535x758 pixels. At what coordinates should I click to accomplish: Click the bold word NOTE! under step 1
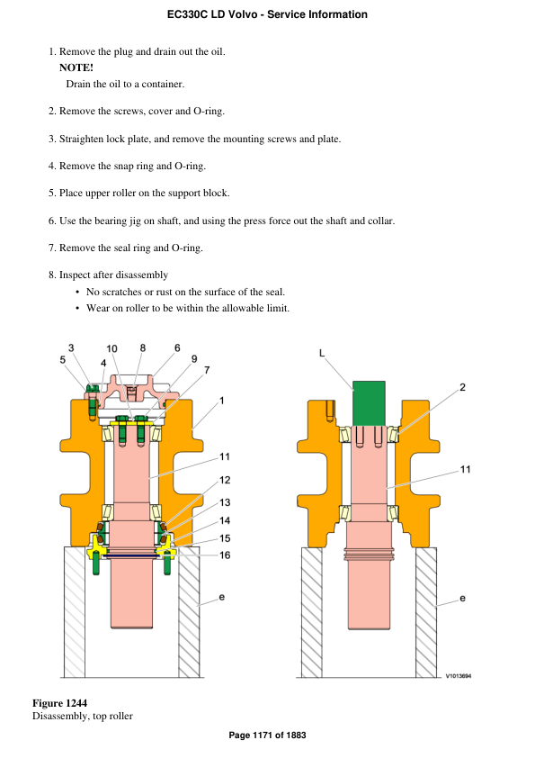76,68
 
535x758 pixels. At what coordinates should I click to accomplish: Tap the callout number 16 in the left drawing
225,555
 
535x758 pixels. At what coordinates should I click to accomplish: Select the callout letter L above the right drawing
322,354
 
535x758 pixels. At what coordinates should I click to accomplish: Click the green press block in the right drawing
369,402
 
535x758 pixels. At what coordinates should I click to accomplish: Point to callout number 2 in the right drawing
462,387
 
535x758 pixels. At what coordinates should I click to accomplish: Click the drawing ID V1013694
459,676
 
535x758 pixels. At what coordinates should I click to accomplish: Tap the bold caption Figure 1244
59,702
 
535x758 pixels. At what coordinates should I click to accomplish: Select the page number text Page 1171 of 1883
267,735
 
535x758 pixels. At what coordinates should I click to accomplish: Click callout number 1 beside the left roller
222,400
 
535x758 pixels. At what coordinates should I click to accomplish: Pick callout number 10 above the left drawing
111,348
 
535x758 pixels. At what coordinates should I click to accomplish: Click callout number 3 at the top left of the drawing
72,347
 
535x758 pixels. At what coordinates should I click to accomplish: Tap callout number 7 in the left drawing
207,370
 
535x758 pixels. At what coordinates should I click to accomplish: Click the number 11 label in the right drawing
465,469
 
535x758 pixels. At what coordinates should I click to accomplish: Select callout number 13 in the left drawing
225,501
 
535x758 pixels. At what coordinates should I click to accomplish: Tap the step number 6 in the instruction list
52,221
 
